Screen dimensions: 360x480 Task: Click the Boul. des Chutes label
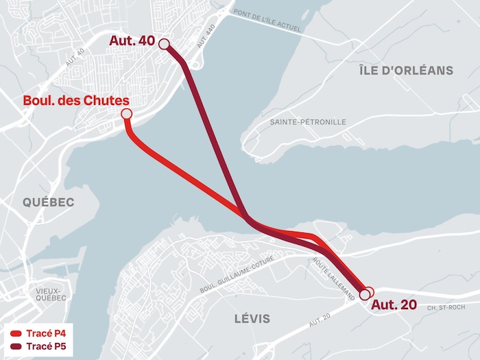tap(76, 101)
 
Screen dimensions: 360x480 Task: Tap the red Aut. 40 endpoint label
tap(132, 41)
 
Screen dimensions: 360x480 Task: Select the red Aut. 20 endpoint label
tap(394, 305)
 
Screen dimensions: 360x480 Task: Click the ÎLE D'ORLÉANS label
tap(406, 70)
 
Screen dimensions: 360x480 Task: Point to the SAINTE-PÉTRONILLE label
tap(308, 122)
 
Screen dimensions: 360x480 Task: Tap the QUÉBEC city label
tap(48, 202)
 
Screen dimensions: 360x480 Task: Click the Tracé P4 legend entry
tap(45, 333)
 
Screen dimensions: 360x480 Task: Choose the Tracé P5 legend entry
tap(45, 346)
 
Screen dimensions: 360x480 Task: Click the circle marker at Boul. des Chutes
tap(126, 114)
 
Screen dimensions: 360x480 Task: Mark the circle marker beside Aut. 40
tap(164, 45)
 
